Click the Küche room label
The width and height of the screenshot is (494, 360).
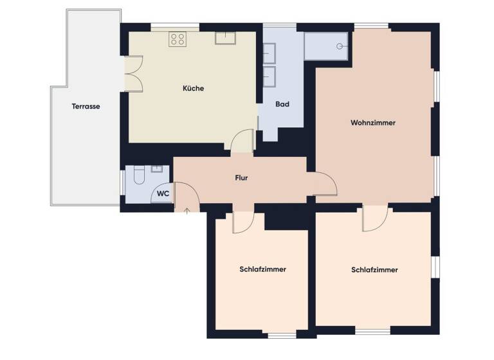193,88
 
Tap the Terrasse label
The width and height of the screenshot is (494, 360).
86,106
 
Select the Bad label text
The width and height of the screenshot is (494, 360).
282,104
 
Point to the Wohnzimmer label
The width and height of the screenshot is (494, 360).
373,122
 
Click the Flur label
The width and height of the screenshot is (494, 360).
242,178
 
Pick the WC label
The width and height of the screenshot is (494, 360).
163,193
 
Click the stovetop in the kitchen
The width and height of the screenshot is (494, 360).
178,39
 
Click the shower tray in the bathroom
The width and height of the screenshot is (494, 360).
327,45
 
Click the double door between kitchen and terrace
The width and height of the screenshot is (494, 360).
133,74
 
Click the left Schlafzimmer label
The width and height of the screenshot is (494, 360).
262,269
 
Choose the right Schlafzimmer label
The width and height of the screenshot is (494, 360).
374,270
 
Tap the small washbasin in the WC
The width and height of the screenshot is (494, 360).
155,170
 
